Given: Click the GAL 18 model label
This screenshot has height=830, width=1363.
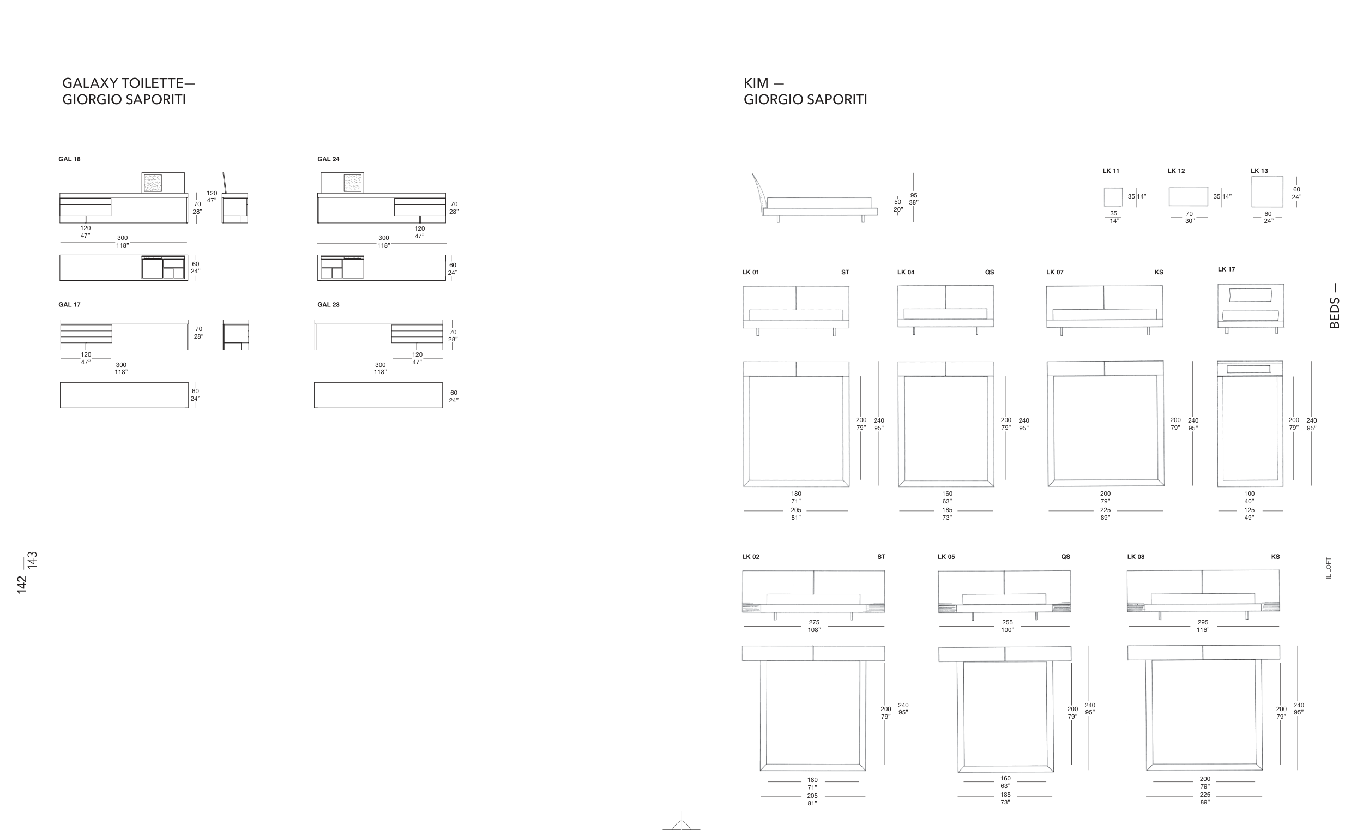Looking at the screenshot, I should pos(69,159).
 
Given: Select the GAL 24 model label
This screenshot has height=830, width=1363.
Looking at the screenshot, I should pos(328,159).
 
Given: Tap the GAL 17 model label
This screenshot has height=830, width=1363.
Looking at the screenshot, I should pos(69,305).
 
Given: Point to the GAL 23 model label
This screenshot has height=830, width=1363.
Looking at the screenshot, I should pos(328,305).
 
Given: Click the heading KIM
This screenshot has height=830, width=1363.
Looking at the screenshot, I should pos(756,83).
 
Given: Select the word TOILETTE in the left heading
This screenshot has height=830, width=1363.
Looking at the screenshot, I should pos(153,83).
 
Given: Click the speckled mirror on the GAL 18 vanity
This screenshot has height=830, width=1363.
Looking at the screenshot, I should pos(153,183).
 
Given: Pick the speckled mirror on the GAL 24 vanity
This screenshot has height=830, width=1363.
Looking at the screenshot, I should pos(352,183).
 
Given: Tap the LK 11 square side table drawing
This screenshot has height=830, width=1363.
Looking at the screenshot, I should pos(1113,197).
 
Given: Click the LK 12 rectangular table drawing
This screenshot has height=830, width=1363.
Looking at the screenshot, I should pos(1187,196).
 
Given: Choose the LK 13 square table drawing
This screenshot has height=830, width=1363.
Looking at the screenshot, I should pos(1266,192).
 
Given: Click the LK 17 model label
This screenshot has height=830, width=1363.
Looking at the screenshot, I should pos(1226,269).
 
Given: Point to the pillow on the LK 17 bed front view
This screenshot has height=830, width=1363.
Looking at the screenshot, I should pos(1250,295).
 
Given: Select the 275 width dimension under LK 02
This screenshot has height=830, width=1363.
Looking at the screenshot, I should pos(813,623).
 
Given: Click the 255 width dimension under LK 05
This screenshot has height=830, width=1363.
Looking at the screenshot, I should pos(1007,623).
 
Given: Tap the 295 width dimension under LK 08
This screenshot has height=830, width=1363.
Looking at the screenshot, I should pos(1203,623).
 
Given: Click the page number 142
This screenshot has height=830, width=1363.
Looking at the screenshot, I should pos(22,585).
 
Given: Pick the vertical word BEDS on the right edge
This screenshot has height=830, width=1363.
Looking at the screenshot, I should pos(1334,313).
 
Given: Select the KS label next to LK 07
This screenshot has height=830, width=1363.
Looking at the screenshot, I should pos(1159,272).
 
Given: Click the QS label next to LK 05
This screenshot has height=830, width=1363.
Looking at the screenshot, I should pos(1065,557).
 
